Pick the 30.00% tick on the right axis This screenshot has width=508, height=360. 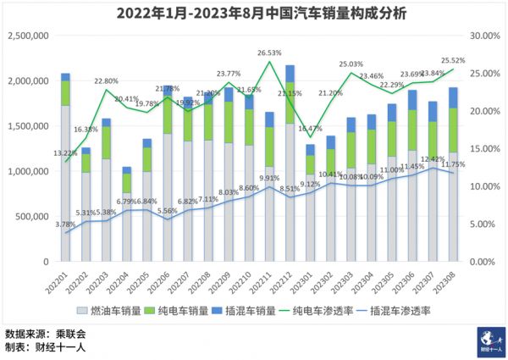click(x=483, y=36)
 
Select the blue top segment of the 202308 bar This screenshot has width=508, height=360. click(x=453, y=97)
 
